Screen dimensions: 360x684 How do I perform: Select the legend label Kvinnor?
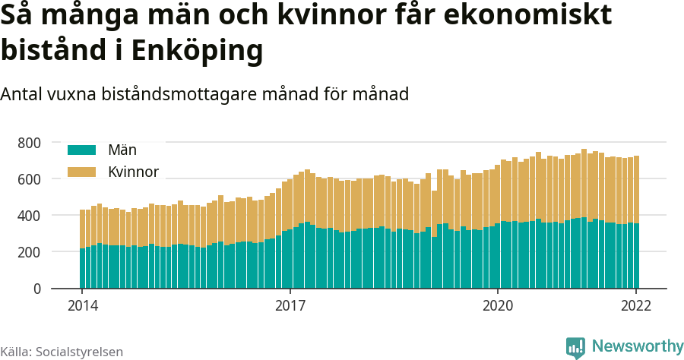133,172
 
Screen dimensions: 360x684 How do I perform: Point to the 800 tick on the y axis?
28,143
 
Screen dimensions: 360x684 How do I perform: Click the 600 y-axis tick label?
28,179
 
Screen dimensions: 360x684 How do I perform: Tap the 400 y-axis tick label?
28,216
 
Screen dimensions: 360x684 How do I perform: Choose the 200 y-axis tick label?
28,252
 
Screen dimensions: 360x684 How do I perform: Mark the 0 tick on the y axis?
36,289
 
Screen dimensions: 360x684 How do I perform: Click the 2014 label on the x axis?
82,306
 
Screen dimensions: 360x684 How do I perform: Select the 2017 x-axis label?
290,306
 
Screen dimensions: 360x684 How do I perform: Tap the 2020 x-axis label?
498,306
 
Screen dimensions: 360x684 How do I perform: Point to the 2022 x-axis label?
636,306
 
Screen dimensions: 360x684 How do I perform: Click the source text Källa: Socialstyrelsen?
62,352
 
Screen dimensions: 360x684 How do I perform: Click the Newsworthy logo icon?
575,347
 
